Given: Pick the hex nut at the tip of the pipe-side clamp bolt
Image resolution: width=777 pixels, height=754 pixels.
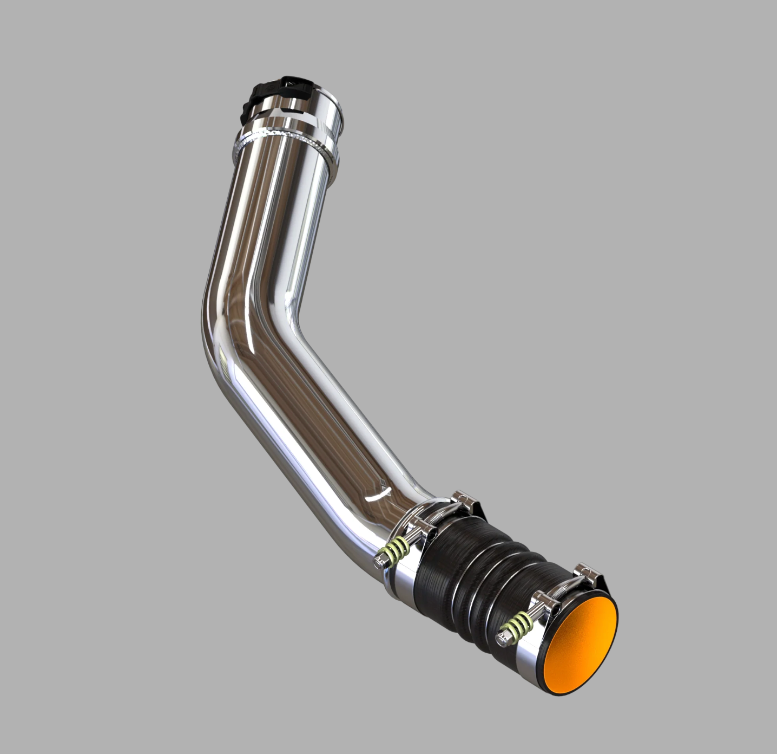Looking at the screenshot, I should click(379, 562).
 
